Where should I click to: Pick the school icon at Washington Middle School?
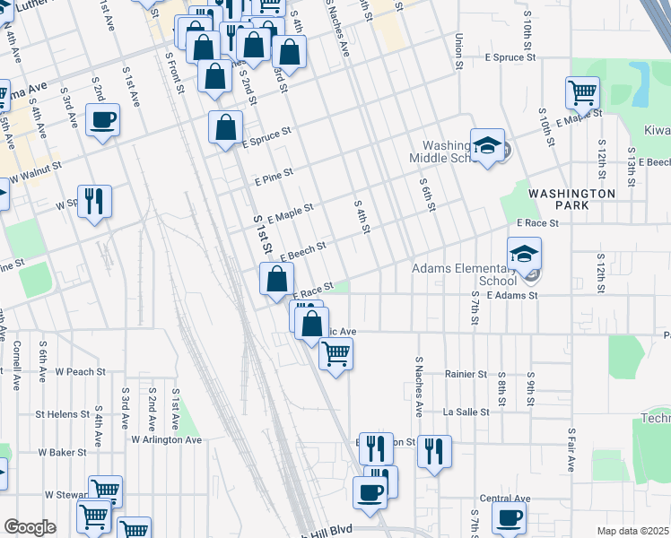487,146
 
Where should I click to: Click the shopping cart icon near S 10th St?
582,92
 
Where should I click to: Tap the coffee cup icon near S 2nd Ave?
102,119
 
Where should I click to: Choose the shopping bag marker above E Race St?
275,278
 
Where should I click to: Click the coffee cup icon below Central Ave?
510,517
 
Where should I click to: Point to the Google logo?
30,527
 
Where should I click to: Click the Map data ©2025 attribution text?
632,531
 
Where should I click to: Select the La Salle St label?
466,412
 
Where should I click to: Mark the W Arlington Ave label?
167,439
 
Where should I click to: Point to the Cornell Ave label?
16,365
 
